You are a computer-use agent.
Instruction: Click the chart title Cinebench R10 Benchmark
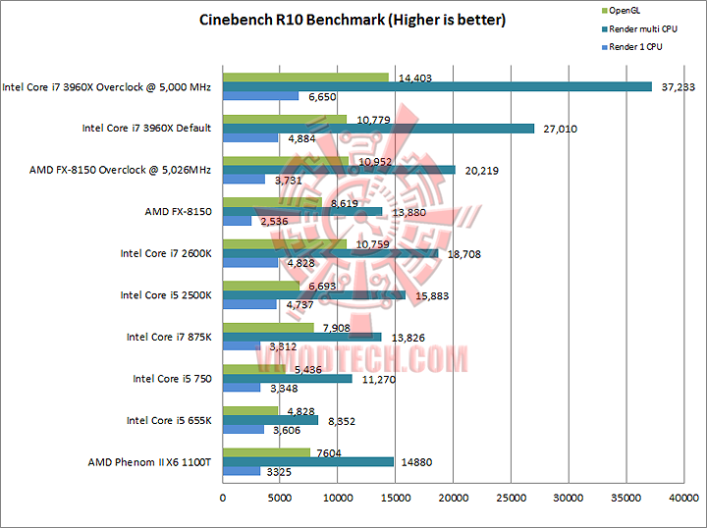[x=353, y=19]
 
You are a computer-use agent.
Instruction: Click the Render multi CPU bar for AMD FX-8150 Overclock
[x=339, y=170]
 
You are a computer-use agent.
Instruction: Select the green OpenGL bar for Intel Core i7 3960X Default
[x=285, y=119]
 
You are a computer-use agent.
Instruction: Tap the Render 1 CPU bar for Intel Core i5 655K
[x=244, y=430]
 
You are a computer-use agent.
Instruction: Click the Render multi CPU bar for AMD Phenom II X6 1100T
[x=308, y=461]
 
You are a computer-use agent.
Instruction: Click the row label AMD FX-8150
[x=178, y=211]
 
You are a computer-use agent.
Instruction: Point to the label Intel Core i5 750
[x=172, y=378]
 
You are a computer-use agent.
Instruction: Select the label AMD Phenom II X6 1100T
[x=150, y=461]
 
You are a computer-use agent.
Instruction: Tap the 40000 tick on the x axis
[x=683, y=499]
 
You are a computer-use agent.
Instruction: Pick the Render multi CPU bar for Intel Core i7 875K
[x=302, y=337]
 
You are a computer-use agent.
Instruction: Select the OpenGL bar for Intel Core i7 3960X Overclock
[x=306, y=77]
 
